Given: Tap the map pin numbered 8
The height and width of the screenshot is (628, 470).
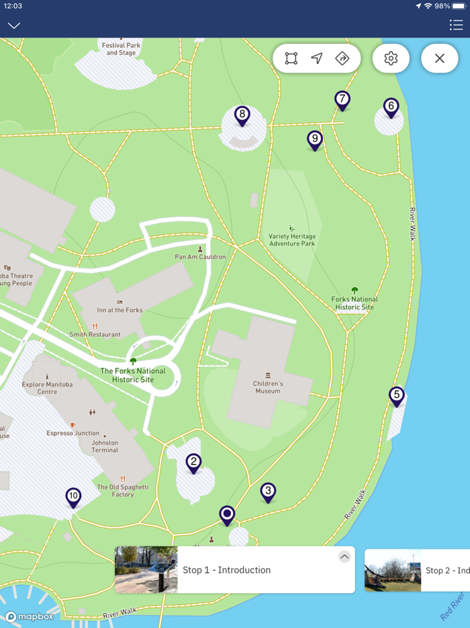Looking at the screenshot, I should pyautogui.click(x=242, y=115).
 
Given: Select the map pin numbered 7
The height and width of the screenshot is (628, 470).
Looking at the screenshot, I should pyautogui.click(x=342, y=100).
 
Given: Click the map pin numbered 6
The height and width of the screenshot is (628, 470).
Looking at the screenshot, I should pyautogui.click(x=391, y=107).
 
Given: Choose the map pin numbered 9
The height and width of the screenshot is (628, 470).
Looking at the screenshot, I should pyautogui.click(x=315, y=139).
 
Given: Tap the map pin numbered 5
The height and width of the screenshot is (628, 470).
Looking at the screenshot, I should pyautogui.click(x=397, y=395).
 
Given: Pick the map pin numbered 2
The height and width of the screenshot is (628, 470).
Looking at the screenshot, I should pyautogui.click(x=193, y=462).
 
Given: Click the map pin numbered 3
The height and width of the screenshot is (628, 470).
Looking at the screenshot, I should pyautogui.click(x=268, y=492).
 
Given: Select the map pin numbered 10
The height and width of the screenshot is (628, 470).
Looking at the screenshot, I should pyautogui.click(x=73, y=497).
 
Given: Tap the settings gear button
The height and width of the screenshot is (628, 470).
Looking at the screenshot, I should pyautogui.click(x=391, y=58).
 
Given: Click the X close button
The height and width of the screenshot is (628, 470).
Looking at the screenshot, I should pyautogui.click(x=440, y=58).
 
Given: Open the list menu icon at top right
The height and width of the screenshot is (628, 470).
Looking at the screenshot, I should pyautogui.click(x=456, y=25).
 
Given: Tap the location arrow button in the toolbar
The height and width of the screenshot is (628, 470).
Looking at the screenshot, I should pyautogui.click(x=317, y=58).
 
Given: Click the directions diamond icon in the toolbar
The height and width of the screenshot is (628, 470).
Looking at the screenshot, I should pyautogui.click(x=342, y=58).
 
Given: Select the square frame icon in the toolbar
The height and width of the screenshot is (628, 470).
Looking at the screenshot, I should pyautogui.click(x=291, y=58).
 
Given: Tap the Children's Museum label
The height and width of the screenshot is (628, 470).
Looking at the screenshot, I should pyautogui.click(x=268, y=387).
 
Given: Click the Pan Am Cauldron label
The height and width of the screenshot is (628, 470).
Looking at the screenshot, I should pyautogui.click(x=200, y=256).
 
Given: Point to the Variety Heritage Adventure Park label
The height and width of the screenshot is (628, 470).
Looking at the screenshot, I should pyautogui.click(x=292, y=239).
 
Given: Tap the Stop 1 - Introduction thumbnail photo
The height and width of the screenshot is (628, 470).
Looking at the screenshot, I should pyautogui.click(x=146, y=570).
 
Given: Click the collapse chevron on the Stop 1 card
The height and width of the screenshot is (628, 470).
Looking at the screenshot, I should pyautogui.click(x=344, y=557).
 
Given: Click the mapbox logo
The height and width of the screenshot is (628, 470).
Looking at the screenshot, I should pyautogui.click(x=30, y=617).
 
